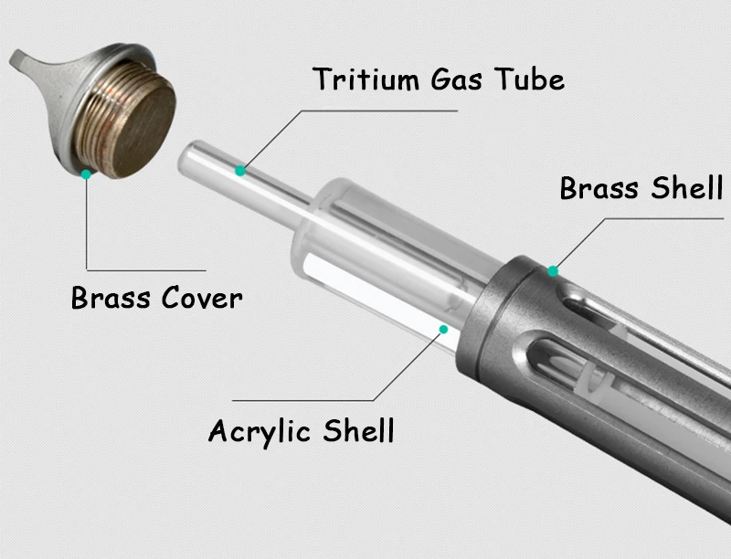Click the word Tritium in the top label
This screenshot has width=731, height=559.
pyautogui.click(x=366, y=79)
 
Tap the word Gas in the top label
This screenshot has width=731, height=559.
pyautogui.click(x=456, y=79)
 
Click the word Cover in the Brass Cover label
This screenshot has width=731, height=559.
pyautogui.click(x=202, y=297)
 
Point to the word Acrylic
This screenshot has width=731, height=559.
pyautogui.click(x=260, y=432)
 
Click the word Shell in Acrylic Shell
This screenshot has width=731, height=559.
pyautogui.click(x=359, y=430)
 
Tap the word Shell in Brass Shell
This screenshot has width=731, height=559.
pyautogui.click(x=687, y=188)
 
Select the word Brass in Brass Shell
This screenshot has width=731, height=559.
pyautogui.click(x=599, y=188)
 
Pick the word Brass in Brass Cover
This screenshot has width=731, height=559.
pyautogui.click(x=111, y=297)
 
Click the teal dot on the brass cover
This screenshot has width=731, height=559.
pyautogui.click(x=86, y=174)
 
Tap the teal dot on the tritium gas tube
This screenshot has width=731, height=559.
pyautogui.click(x=240, y=171)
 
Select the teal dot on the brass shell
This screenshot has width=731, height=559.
pyautogui.click(x=553, y=270)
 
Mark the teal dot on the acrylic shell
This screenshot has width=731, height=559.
pyautogui.click(x=443, y=330)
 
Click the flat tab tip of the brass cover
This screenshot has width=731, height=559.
pyautogui.click(x=19, y=58)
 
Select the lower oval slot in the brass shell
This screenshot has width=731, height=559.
pyautogui.click(x=559, y=359)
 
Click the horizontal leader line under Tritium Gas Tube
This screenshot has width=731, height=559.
pyautogui.click(x=379, y=111)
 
